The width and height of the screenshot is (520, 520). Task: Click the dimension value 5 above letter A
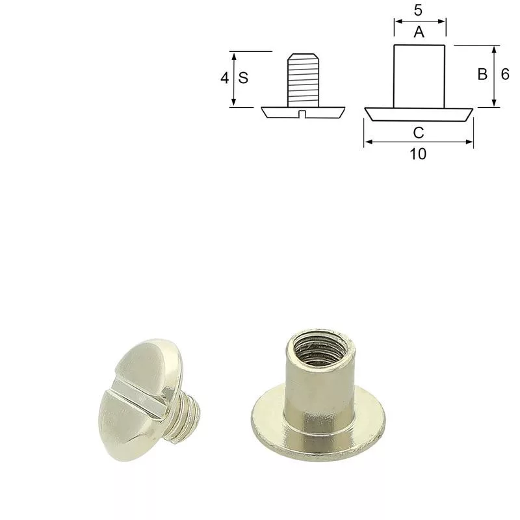coord(418,10)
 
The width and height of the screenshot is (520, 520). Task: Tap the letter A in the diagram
coord(419,32)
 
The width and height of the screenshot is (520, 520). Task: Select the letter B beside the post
coord(482,74)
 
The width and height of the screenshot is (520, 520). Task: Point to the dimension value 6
coord(505,74)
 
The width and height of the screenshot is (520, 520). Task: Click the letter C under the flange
coord(419,133)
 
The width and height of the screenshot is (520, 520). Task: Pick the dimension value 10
coord(418,154)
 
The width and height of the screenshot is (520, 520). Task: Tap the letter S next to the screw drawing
coord(243,78)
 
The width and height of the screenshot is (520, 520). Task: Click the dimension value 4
coord(225,78)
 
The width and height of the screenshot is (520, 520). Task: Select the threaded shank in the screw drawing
coord(303,80)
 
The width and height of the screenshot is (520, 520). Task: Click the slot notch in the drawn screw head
coord(302,114)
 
